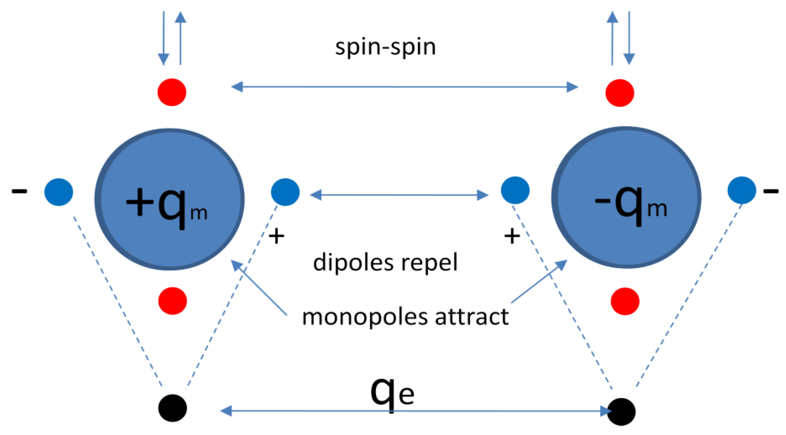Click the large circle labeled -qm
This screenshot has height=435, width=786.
coord(626,198)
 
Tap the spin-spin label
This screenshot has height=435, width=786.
coord(385,47)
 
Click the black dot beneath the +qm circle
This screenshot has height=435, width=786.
coord(172,408)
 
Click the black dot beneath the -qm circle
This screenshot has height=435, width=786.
coord(622,412)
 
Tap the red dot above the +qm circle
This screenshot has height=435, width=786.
coord(172,92)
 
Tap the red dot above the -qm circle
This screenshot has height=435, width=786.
coord(620,93)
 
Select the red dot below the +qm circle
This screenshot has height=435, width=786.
coord(172,301)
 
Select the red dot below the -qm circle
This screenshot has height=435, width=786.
coord(625,301)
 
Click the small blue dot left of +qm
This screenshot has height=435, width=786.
coord(58,192)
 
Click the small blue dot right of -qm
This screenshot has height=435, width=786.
coord(742,190)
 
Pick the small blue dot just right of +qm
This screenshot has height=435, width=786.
coord(285,192)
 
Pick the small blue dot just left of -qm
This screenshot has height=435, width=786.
coord(515,190)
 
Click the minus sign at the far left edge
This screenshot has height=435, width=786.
coord(19,192)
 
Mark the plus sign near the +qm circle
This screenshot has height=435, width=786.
coord(276,237)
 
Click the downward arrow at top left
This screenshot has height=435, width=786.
coord(164,38)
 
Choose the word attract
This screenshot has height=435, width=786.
coord(471,317)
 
